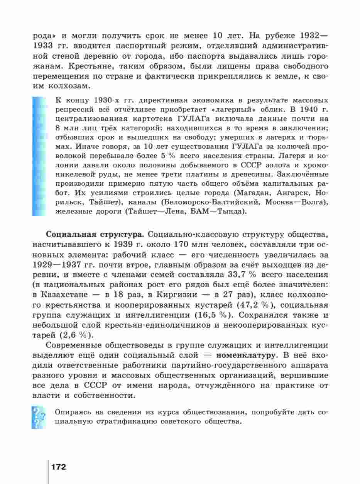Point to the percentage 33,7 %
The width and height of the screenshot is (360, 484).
coord(247,274)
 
